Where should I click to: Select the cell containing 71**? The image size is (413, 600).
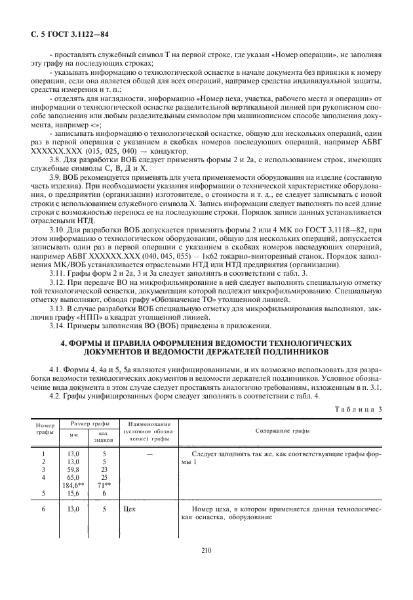(x=103, y=485)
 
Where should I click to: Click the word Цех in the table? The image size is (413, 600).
(x=129, y=509)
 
